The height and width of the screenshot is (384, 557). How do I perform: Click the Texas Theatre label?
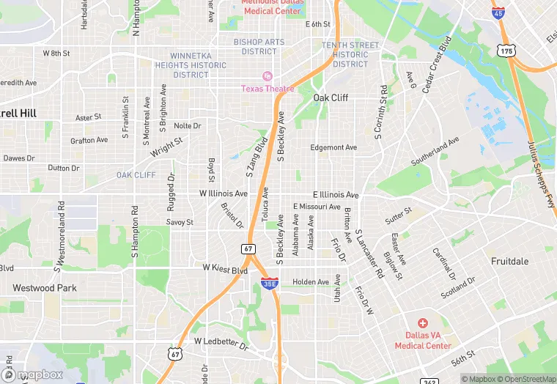[268, 89]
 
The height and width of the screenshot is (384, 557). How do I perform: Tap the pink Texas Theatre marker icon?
[268, 76]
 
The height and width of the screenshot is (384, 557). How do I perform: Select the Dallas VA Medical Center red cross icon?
[422, 323]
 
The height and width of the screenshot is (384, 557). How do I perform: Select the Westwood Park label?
[45, 288]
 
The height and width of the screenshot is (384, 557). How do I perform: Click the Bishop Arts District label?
[259, 46]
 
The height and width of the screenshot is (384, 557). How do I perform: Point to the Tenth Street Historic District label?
[350, 54]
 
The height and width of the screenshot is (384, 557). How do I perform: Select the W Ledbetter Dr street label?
[221, 341]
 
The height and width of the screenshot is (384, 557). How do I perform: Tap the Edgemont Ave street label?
[333, 147]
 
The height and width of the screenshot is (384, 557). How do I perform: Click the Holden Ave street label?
[311, 282]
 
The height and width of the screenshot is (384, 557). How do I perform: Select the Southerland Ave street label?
[435, 150]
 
